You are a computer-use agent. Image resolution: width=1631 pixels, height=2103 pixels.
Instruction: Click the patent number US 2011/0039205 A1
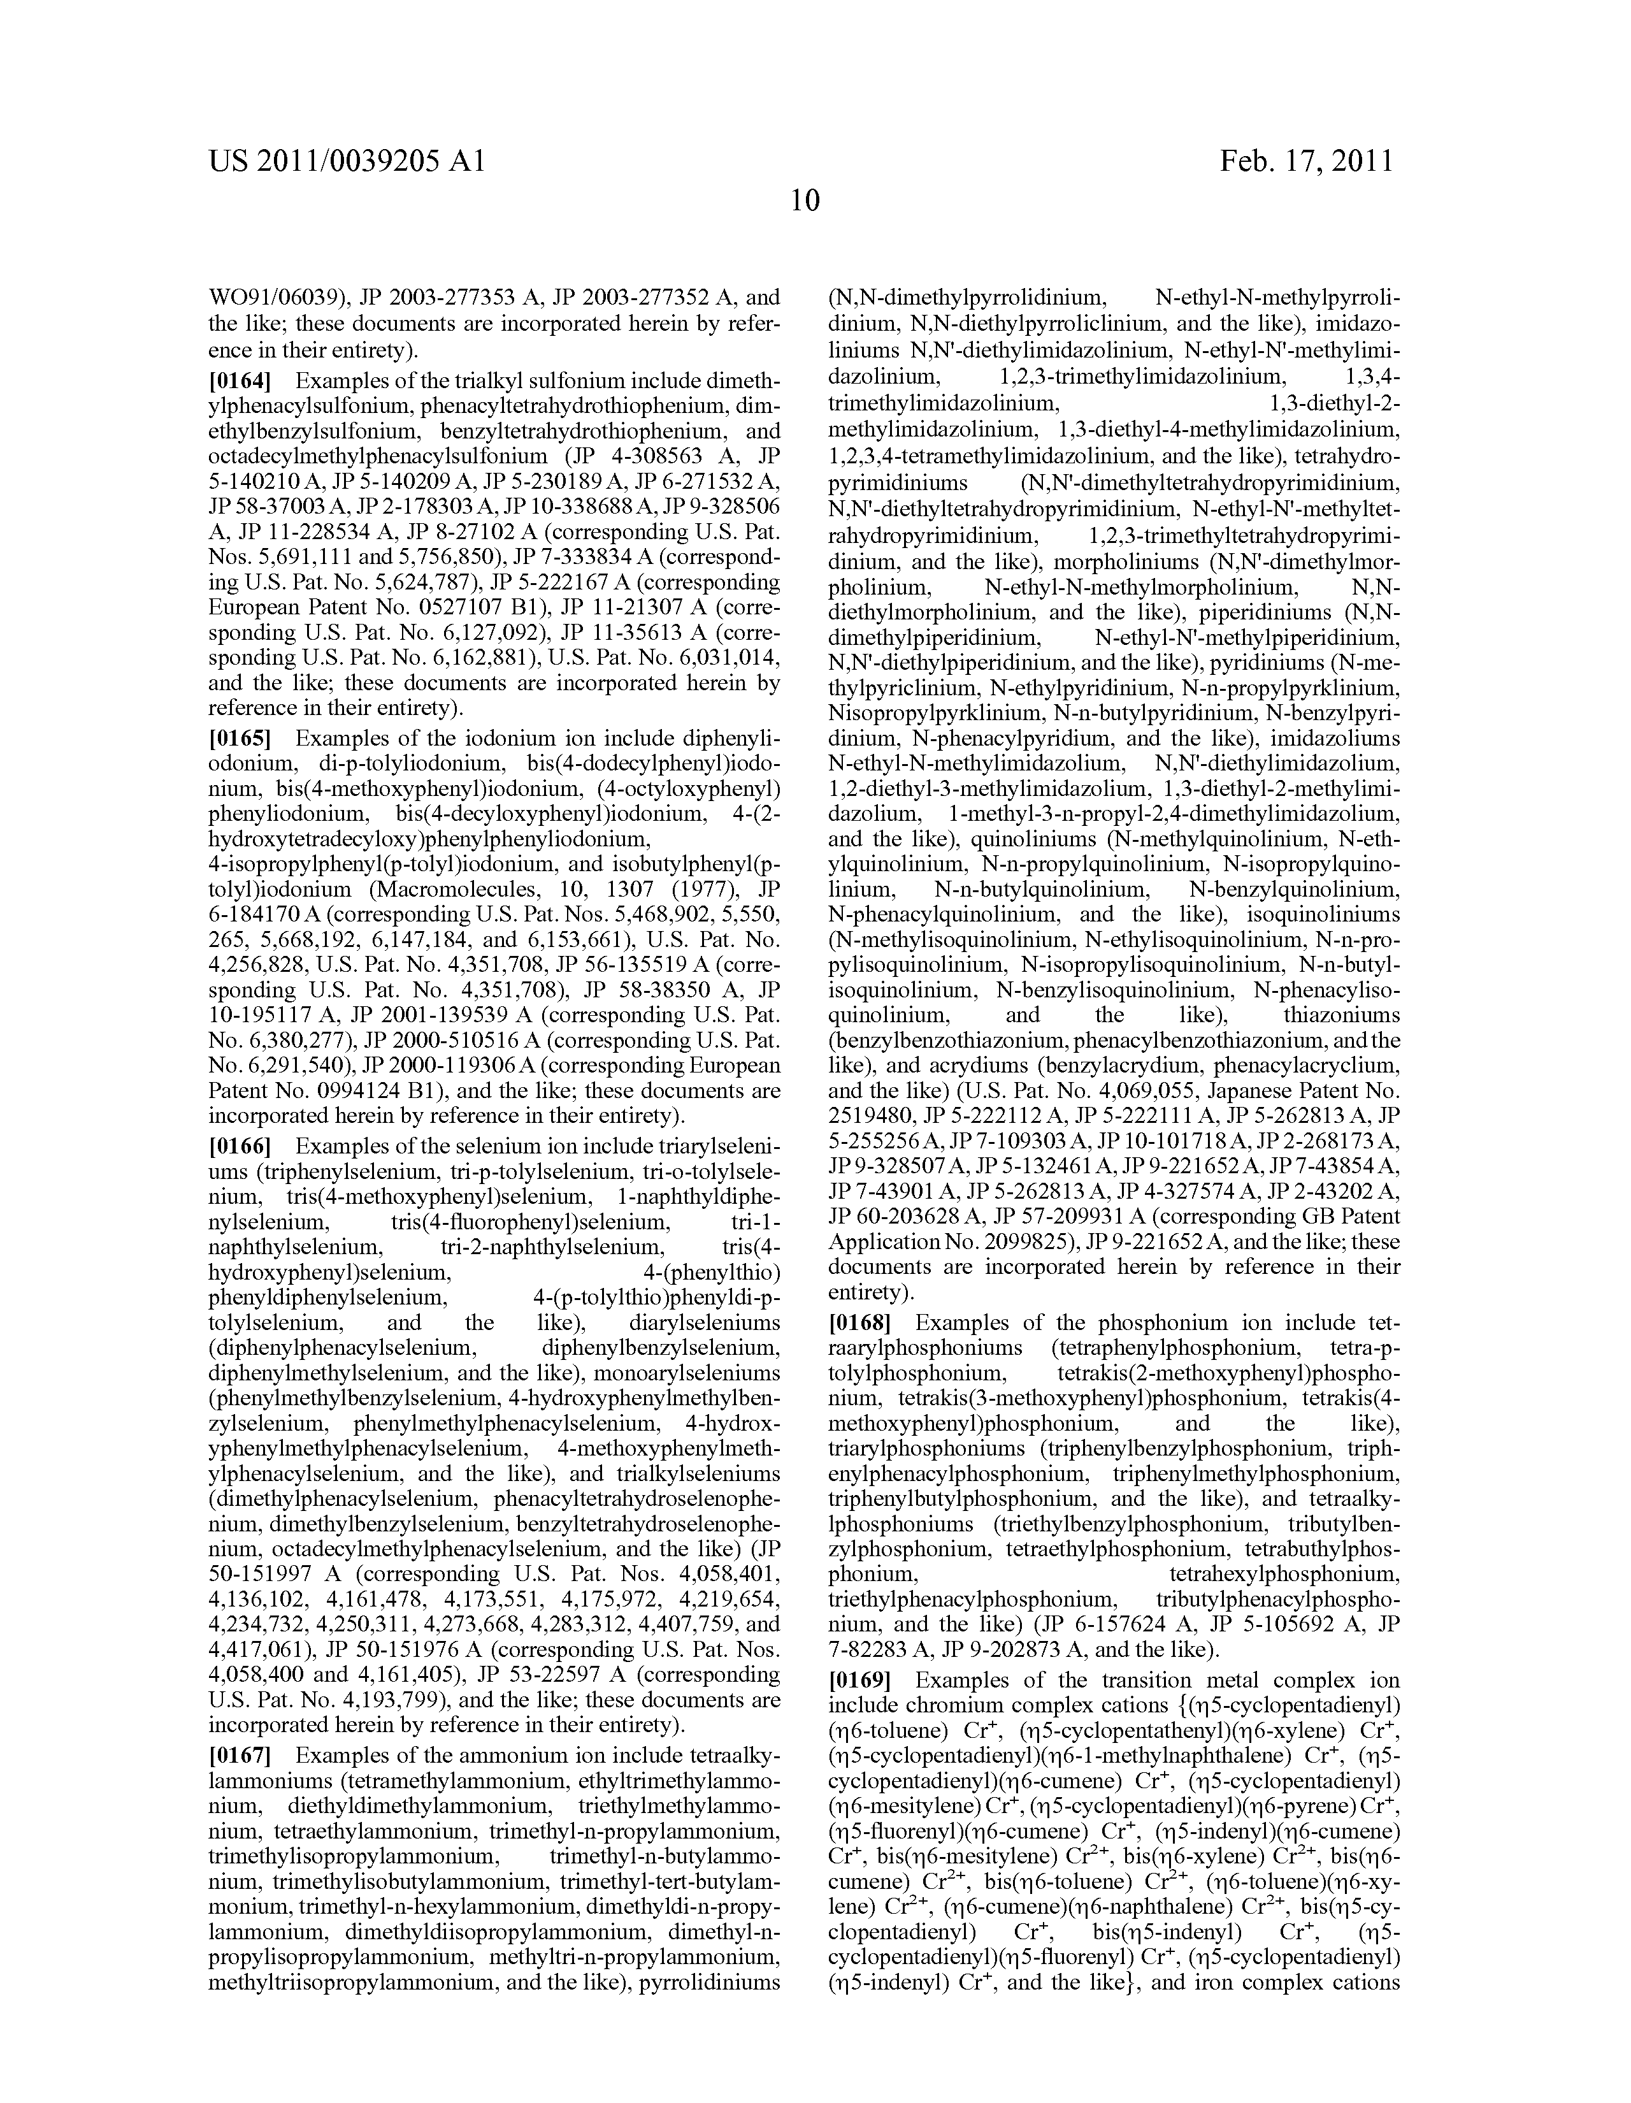click(x=347, y=161)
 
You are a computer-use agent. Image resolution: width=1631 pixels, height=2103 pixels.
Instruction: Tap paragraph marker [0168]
click(x=860, y=1323)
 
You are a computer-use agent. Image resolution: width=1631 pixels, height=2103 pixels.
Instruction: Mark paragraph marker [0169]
click(x=860, y=1680)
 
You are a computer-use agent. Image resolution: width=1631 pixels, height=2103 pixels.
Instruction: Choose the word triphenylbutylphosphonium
click(x=963, y=1500)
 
